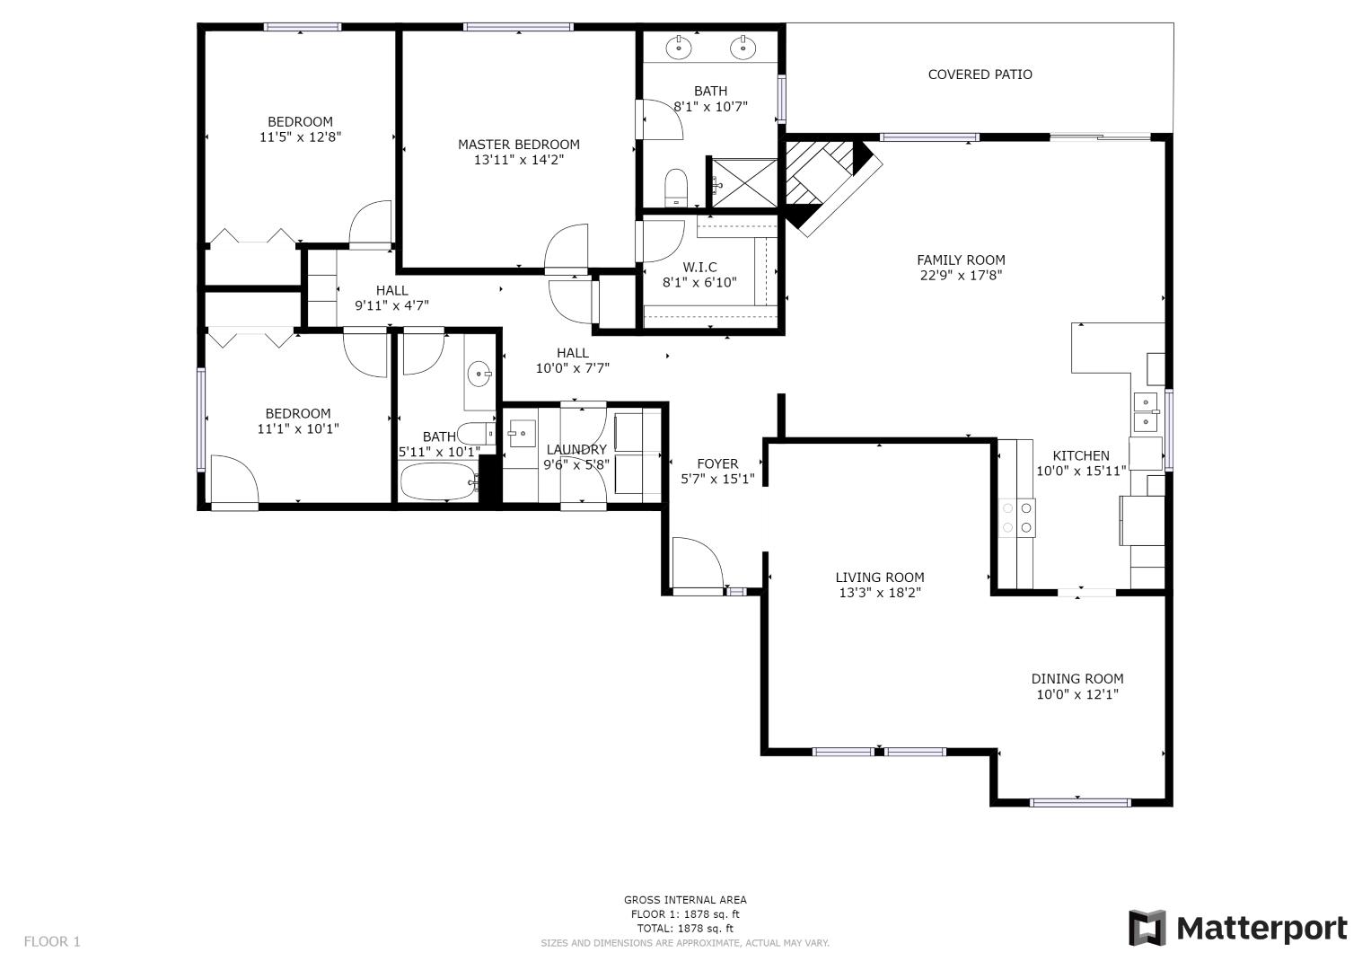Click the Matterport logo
[1237, 928]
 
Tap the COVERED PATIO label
[980, 75]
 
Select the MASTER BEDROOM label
[518, 145]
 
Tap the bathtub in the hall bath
[438, 482]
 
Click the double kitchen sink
[1146, 411]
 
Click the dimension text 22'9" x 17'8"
[960, 276]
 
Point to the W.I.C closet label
[699, 267]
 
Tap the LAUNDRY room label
[576, 450]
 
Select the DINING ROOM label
[1077, 679]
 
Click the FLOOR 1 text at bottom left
[52, 941]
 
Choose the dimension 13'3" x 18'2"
[878, 593]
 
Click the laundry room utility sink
[521, 434]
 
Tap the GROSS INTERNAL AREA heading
[685, 900]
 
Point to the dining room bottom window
[1079, 802]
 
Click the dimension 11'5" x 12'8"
[300, 137]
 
